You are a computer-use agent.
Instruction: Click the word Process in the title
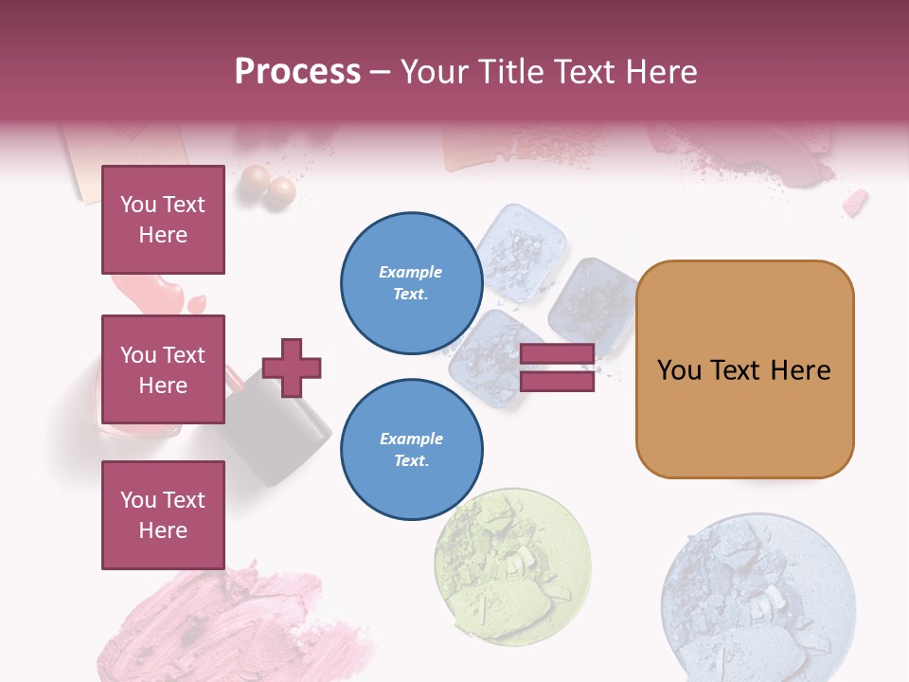[297, 71]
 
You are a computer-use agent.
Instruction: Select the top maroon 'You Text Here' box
[163, 220]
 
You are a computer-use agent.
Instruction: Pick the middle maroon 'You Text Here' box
[163, 369]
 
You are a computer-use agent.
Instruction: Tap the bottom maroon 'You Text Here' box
[163, 515]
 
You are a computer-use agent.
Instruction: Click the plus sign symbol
[292, 368]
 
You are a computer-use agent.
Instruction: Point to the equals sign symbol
[557, 368]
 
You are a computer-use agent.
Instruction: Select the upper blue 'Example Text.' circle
[411, 283]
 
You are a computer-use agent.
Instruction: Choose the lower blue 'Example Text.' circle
[411, 450]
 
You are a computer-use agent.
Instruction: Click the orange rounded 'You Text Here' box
[744, 369]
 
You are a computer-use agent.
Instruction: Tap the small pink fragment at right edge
[855, 202]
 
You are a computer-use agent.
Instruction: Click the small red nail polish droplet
[197, 304]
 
